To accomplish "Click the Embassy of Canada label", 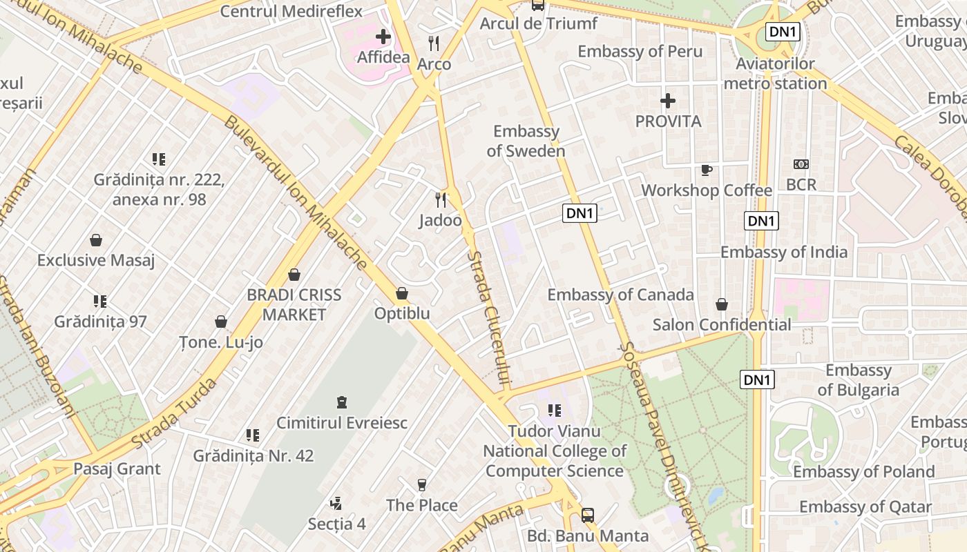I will pyautogui.click(x=620, y=295).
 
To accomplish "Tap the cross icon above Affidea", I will pyautogui.click(x=383, y=37).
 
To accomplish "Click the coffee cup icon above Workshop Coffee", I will pyautogui.click(x=706, y=170).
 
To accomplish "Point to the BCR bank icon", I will pyautogui.click(x=801, y=164).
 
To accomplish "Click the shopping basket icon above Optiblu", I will pyautogui.click(x=402, y=294).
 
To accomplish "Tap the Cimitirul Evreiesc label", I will pyautogui.click(x=342, y=422).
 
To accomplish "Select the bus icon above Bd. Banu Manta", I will pyautogui.click(x=588, y=515).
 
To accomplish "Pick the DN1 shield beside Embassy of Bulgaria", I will pyautogui.click(x=758, y=379).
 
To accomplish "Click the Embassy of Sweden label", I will pyautogui.click(x=526, y=141).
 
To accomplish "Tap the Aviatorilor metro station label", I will pyautogui.click(x=775, y=74).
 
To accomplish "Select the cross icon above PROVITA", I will pyautogui.click(x=667, y=101).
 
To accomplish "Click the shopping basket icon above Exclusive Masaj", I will pyautogui.click(x=96, y=240).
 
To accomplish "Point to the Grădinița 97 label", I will pyautogui.click(x=101, y=322).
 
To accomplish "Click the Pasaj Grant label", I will pyautogui.click(x=117, y=469).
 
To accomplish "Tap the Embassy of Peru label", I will pyautogui.click(x=640, y=51).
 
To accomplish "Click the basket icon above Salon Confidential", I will pyautogui.click(x=722, y=304).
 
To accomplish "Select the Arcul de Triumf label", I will pyautogui.click(x=538, y=23).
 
